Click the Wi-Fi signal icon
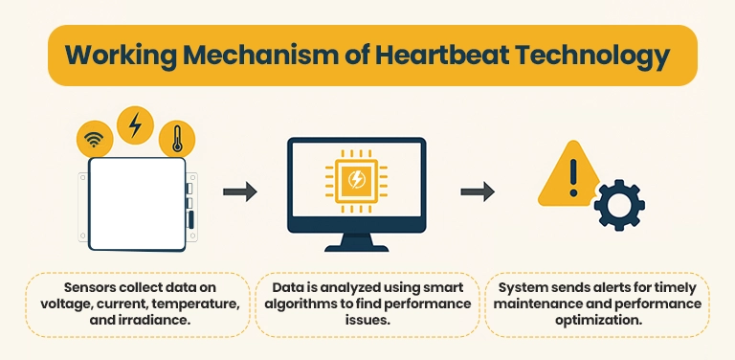(x=93, y=141)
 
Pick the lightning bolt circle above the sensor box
(x=135, y=123)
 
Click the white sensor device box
(x=137, y=203)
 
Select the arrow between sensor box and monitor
(x=240, y=192)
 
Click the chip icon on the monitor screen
(x=357, y=179)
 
